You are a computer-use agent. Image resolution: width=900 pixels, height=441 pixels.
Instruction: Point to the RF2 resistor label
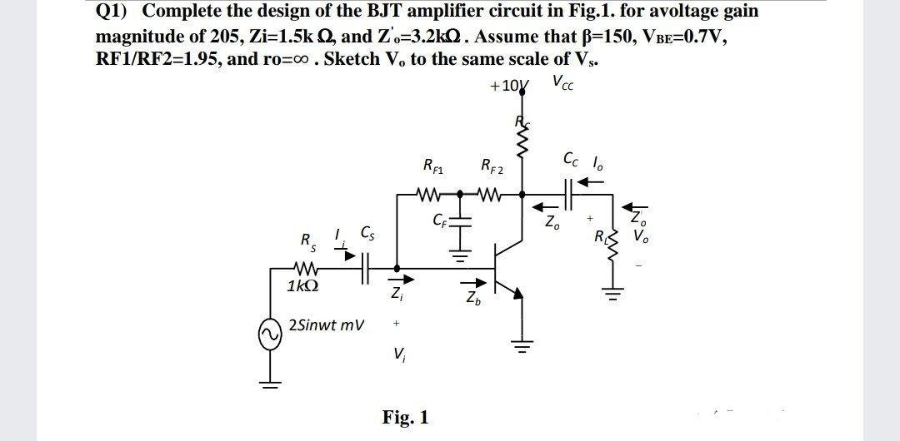pyautogui.click(x=490, y=164)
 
